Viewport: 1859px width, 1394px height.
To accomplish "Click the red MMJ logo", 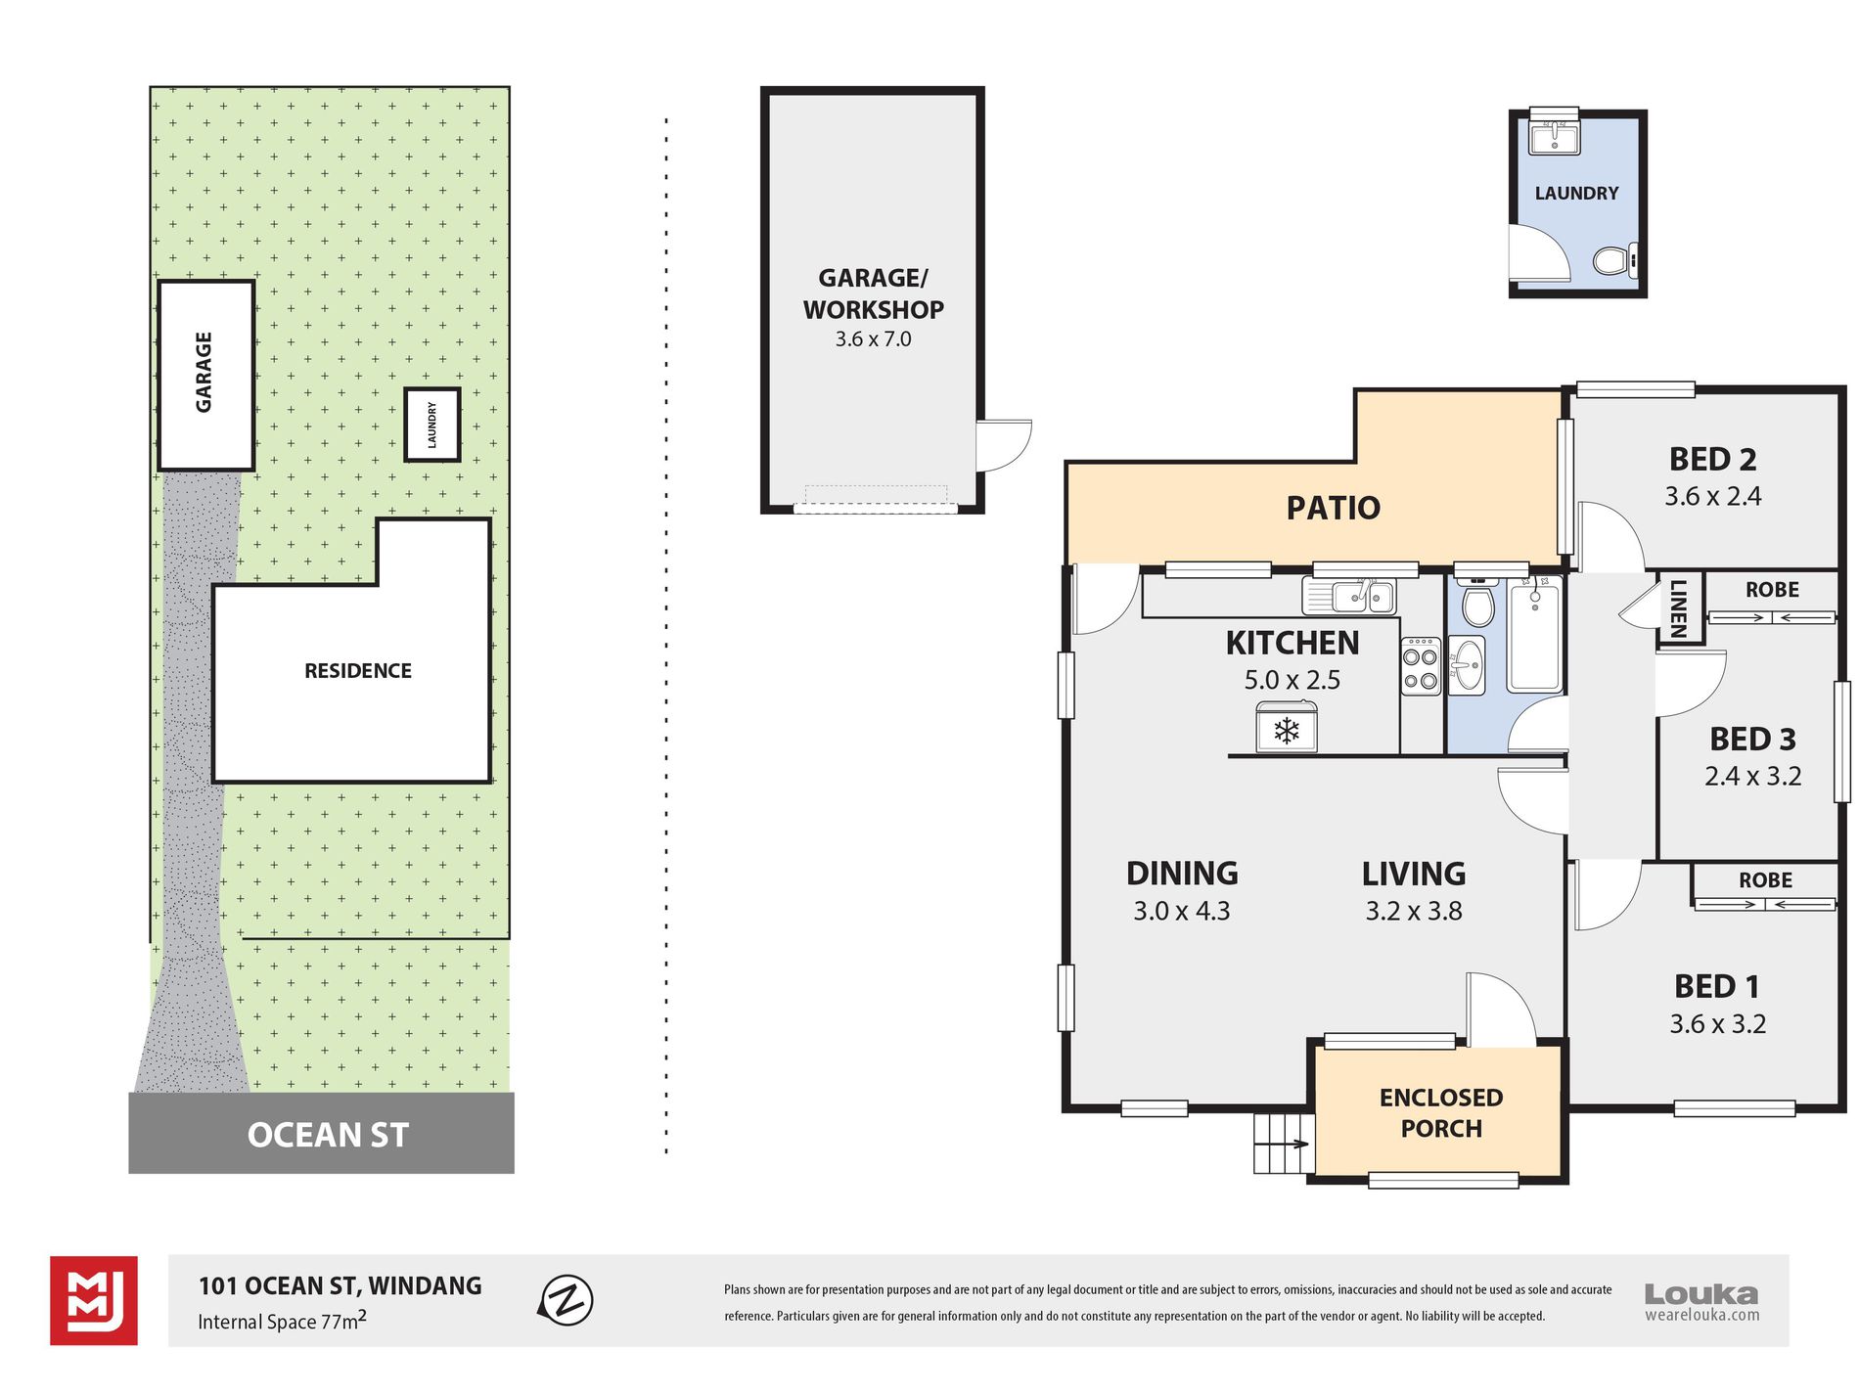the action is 94,1300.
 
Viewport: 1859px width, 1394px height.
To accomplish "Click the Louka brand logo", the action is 1701,1301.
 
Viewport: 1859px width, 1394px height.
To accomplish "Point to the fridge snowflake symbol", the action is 1286,730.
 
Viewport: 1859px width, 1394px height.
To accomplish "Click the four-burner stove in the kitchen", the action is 1421,666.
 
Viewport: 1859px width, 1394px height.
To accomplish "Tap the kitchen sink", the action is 1348,595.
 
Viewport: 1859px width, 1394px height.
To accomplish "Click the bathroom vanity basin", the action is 1466,665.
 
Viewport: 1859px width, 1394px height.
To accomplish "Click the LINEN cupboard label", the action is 1679,608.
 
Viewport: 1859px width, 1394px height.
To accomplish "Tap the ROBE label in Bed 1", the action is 1765,880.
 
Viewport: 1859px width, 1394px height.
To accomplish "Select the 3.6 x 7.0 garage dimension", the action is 873,339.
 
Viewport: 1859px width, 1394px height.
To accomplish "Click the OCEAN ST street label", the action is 328,1135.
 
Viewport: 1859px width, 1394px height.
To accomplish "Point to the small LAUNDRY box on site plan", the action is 432,425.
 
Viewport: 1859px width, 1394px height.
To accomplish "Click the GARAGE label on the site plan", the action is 204,372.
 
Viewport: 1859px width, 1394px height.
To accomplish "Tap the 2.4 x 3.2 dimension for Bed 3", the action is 1752,777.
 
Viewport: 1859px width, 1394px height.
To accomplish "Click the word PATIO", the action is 1333,508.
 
